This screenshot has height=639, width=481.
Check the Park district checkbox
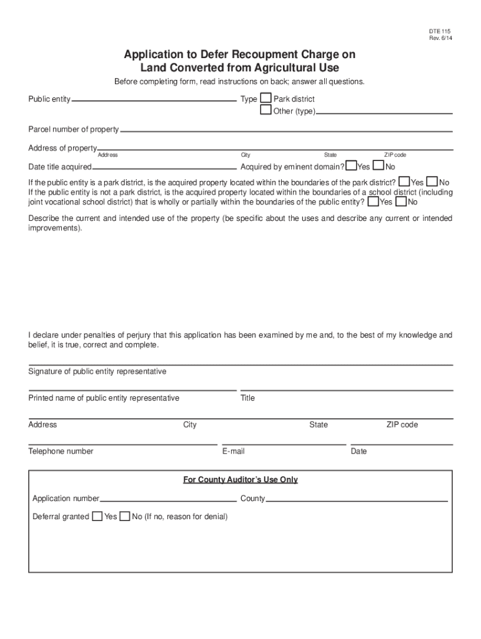[x=266, y=99]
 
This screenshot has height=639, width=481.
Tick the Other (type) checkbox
[x=266, y=110]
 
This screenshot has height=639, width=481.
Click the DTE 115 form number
[x=439, y=31]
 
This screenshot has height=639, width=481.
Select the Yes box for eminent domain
[x=351, y=165]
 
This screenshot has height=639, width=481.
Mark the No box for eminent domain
[x=379, y=165]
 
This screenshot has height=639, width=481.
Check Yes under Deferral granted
[x=97, y=516]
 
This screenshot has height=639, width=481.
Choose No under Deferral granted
[x=125, y=516]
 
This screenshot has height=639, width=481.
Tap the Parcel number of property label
[x=73, y=129]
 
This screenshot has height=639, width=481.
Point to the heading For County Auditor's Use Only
[x=240, y=480]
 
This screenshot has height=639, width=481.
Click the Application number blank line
[x=168, y=500]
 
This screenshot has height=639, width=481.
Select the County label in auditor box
[x=252, y=499]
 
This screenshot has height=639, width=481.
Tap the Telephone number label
[x=61, y=451]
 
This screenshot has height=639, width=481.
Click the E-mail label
[x=233, y=451]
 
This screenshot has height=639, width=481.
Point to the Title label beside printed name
[x=247, y=398]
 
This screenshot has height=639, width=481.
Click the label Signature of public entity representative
[x=97, y=371]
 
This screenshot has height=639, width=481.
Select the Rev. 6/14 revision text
[x=439, y=38]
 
